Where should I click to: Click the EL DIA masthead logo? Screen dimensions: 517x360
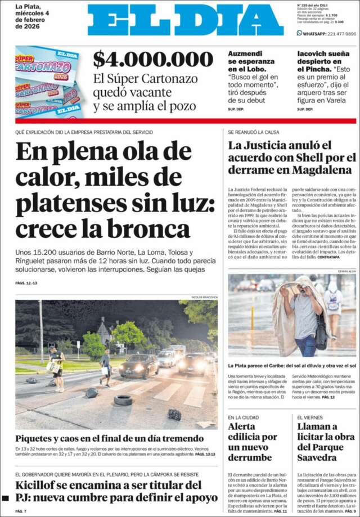[186, 21]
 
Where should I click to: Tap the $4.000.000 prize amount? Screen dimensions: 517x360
[153, 59]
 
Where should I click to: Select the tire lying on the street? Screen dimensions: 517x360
[123, 400]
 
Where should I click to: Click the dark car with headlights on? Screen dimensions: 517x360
[139, 366]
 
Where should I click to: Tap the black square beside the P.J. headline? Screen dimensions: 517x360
[6, 498]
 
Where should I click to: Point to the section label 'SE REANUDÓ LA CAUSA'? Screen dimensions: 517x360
[253, 132]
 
